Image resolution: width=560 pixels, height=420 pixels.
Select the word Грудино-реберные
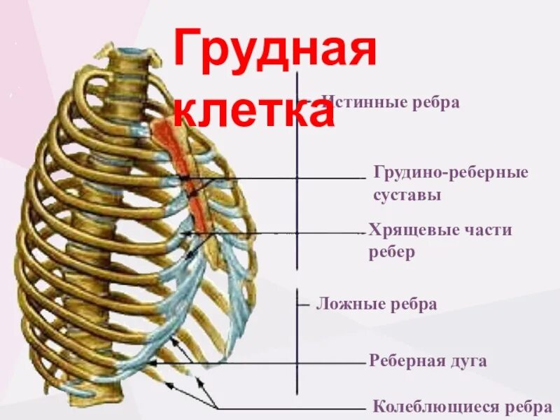(x=451, y=173)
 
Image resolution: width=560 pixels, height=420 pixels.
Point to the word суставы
(x=407, y=195)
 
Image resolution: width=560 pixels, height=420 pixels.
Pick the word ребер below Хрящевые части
(x=392, y=253)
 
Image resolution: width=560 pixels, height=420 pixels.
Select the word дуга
(x=468, y=361)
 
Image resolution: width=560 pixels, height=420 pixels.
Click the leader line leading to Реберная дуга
(x=266, y=363)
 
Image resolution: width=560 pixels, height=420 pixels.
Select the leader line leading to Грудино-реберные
(x=280, y=178)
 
